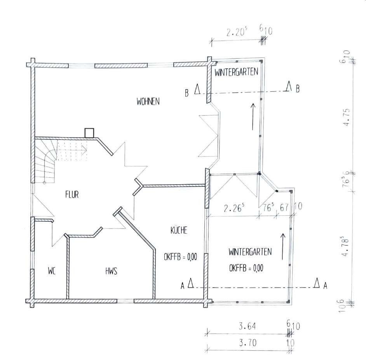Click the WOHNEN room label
(148, 101)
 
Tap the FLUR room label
(72, 195)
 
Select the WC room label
(52, 271)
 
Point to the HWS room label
(111, 271)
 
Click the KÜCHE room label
(179, 230)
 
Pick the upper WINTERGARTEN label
(236, 72)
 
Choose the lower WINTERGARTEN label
(250, 252)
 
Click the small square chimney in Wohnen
(89, 133)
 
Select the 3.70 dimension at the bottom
(247, 343)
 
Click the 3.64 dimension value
(247, 326)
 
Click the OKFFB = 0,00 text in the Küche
(180, 257)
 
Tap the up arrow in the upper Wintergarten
(253, 117)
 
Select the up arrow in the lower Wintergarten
(282, 246)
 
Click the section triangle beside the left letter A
(191, 283)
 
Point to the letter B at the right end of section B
(298, 89)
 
